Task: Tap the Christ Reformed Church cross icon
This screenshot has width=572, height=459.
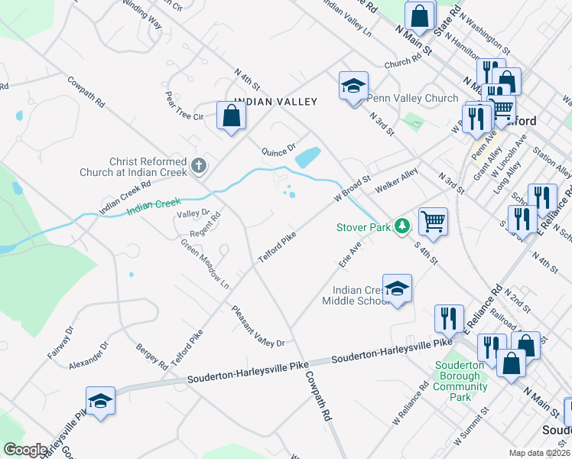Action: click(x=198, y=164)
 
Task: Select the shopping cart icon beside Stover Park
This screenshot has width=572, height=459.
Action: click(x=434, y=221)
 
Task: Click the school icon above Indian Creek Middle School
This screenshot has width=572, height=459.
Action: click(x=397, y=289)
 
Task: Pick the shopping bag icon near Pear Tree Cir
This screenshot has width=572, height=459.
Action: click(x=231, y=116)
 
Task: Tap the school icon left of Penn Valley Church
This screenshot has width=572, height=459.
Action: click(x=353, y=86)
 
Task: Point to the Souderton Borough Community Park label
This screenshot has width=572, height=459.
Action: click(x=460, y=381)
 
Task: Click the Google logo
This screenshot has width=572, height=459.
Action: click(x=25, y=450)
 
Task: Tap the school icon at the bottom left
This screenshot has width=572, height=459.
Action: click(x=100, y=401)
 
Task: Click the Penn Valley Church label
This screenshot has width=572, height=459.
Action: click(x=412, y=98)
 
